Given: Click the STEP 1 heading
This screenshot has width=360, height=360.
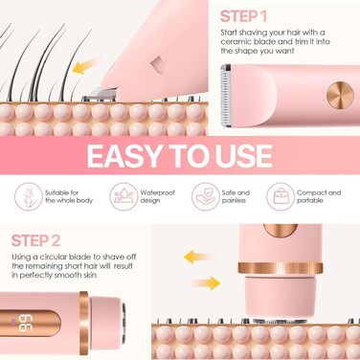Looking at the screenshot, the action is [x=243, y=16].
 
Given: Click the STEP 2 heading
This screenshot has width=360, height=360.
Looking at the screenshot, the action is [x=35, y=240].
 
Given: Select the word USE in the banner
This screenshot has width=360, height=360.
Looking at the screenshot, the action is [x=244, y=156].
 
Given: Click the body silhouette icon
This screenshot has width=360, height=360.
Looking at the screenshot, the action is [x=29, y=196].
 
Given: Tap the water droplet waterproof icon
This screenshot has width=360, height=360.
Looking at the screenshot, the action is [x=124, y=196].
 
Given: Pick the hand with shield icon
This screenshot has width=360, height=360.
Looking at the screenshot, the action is [x=206, y=196].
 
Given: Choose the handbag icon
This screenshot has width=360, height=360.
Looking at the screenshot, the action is [x=281, y=196].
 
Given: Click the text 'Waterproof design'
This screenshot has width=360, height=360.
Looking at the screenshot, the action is [x=157, y=196].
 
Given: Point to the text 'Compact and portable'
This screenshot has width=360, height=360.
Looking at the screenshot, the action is [x=319, y=196].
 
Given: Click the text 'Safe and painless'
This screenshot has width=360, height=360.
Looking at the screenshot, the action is [x=236, y=196].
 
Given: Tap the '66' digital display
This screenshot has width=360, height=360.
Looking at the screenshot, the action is [x=24, y=323].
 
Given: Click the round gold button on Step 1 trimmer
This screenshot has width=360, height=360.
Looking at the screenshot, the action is [x=340, y=96].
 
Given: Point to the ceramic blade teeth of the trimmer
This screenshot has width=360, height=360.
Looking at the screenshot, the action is [x=226, y=95].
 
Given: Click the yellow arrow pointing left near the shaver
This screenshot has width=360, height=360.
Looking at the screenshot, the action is [x=197, y=257].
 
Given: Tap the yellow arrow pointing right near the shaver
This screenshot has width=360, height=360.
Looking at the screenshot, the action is [x=206, y=282].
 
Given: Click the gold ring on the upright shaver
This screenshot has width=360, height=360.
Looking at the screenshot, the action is [x=281, y=268].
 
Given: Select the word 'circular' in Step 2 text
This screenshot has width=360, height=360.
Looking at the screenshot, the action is [x=53, y=257].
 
